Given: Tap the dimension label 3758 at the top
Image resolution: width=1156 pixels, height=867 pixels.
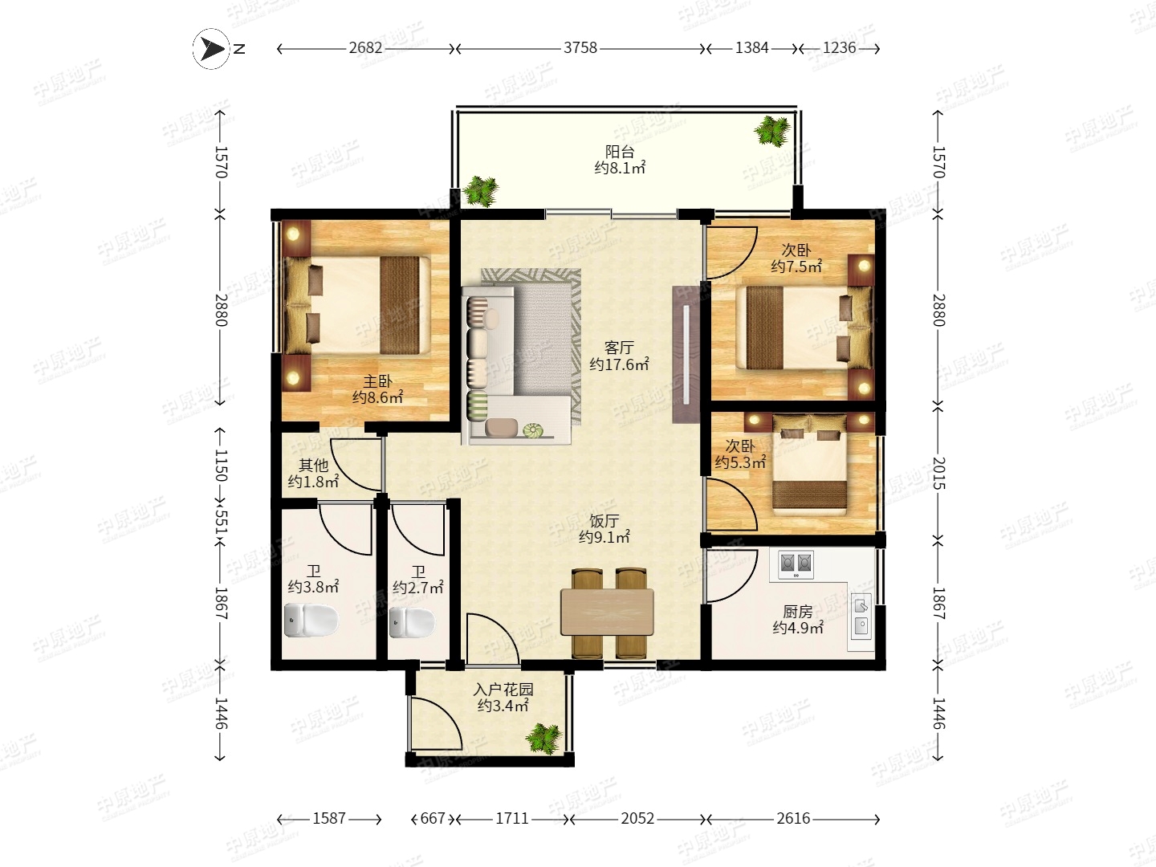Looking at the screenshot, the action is (x=580, y=48).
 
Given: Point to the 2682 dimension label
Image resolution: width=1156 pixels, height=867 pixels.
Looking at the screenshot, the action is (x=365, y=48).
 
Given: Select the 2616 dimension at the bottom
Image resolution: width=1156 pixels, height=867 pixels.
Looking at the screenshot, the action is (x=793, y=819).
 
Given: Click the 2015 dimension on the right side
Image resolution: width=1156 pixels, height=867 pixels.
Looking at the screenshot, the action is (x=939, y=473).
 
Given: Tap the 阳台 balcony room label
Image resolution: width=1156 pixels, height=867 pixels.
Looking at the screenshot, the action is (x=619, y=152).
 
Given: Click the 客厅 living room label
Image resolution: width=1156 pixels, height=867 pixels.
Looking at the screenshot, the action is (x=619, y=348).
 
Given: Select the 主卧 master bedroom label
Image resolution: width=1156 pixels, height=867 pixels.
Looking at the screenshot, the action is (x=377, y=381).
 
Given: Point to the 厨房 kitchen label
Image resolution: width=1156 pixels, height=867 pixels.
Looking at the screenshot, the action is (x=797, y=612).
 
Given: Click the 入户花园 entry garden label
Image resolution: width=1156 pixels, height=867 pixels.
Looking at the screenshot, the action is (x=503, y=689).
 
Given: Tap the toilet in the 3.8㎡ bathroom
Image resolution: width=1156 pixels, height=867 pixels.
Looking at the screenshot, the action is (x=311, y=620).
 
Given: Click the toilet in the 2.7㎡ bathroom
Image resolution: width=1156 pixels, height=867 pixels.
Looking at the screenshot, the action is (x=412, y=622).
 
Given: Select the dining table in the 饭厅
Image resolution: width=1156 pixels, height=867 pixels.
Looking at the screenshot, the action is (x=607, y=613).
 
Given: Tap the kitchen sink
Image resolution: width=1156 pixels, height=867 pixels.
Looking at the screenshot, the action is (x=861, y=616).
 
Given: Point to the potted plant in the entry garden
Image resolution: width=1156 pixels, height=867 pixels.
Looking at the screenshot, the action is (x=543, y=739).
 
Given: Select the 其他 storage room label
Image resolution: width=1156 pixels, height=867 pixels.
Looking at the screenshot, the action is (x=313, y=466).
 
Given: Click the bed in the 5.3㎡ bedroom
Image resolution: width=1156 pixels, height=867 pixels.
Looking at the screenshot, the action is (x=809, y=466).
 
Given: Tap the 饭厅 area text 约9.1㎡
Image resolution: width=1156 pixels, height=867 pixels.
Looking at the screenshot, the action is (x=604, y=538).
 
